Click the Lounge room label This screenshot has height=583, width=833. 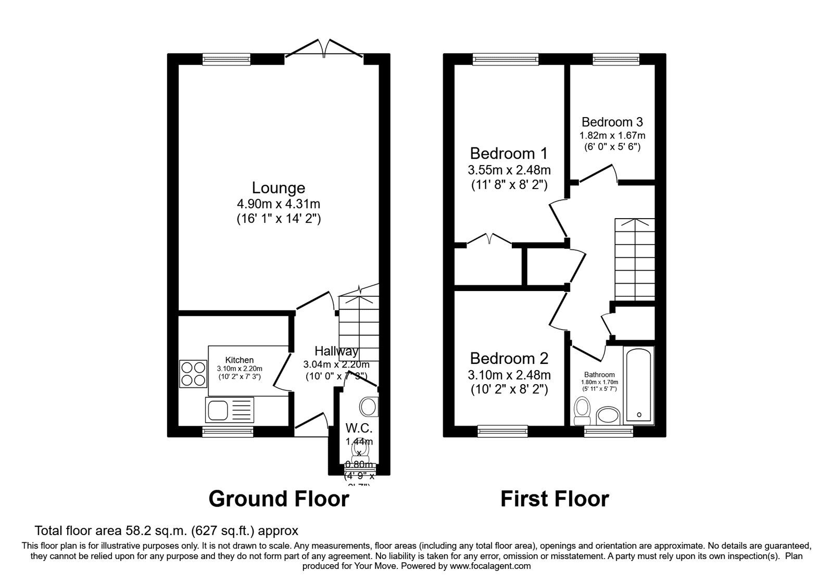point(279,187)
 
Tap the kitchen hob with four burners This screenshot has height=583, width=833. point(194,374)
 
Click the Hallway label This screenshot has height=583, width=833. point(336,351)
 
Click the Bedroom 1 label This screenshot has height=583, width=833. point(509,154)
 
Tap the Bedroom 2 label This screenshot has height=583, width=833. point(509,359)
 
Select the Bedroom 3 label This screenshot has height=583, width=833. point(612,122)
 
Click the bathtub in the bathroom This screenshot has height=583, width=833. point(638,386)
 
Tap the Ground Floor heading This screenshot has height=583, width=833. point(279,499)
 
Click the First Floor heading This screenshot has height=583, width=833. point(554,499)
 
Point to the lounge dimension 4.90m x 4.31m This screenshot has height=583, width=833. point(279,204)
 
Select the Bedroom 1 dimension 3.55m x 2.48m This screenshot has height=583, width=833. point(509,170)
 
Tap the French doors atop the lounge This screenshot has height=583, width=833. point(324,48)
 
